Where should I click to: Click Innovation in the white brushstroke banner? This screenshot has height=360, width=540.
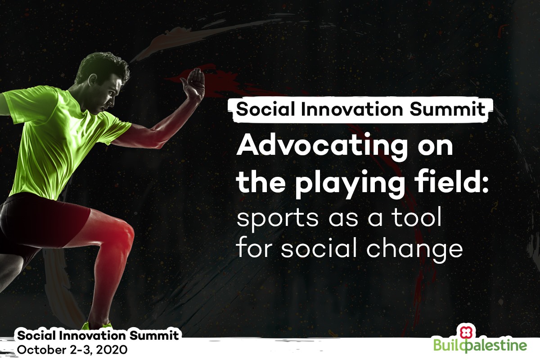click(352, 109)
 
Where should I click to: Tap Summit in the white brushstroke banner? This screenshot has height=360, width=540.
click(447, 109)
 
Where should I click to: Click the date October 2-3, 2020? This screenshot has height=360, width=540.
click(72, 350)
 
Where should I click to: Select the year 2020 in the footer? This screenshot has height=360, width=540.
click(112, 350)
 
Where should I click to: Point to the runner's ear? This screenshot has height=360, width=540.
click(93, 79)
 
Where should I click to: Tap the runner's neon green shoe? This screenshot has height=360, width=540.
click(96, 325)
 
